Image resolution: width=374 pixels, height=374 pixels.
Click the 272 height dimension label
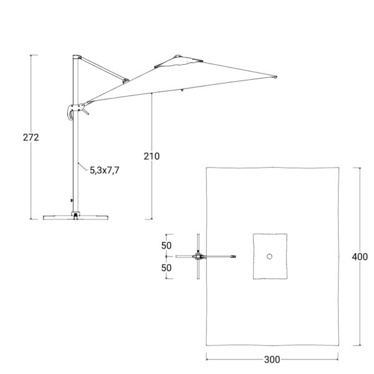31,137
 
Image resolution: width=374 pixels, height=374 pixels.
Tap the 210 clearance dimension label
151,156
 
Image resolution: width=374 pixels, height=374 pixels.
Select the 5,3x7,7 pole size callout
105,170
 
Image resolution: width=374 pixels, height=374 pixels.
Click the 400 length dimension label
360,257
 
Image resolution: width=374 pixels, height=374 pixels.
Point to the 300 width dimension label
272,360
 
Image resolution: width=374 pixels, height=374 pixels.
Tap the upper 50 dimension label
166,246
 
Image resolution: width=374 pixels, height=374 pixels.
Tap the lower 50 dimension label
166,268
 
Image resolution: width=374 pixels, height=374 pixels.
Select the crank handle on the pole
70,112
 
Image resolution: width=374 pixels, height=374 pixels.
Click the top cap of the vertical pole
77,57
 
